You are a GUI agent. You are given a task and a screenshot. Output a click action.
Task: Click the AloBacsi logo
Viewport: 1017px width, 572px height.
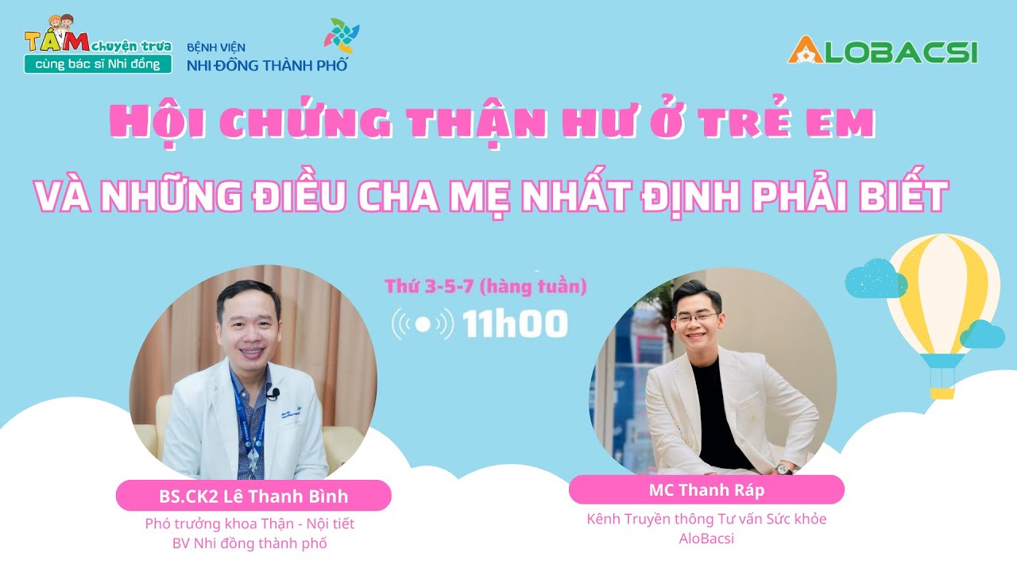[882, 49]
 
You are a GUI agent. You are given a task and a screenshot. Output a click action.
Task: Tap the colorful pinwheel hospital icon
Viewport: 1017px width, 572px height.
[342, 37]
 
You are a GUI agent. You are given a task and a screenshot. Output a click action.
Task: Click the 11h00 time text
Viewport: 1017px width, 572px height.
[516, 323]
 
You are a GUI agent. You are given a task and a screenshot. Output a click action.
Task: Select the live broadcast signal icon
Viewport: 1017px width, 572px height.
[423, 323]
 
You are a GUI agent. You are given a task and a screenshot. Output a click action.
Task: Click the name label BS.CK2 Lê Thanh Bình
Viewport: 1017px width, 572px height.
[253, 497]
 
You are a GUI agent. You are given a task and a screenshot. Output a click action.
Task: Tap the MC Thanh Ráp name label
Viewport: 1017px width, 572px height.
[706, 489]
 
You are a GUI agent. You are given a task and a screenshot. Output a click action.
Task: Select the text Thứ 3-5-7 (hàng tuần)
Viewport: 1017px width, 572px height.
[485, 287]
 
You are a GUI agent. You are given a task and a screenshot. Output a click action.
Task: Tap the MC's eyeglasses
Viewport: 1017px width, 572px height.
[694, 318]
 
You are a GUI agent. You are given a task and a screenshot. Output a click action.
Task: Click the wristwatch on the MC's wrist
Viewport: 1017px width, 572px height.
[786, 469]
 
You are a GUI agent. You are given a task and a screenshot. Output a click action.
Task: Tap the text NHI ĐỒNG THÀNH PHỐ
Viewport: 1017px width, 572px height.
[267, 65]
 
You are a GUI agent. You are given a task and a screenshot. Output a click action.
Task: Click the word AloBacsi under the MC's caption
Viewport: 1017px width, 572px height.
[706, 538]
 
